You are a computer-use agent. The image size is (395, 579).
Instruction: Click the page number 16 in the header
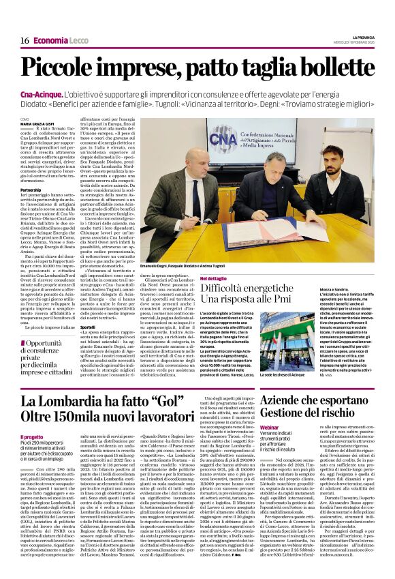[25, 41]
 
